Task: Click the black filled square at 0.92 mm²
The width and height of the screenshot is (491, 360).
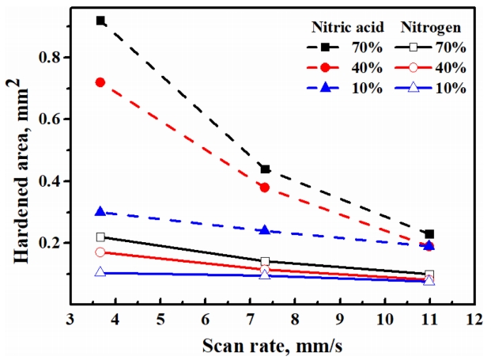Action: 100,21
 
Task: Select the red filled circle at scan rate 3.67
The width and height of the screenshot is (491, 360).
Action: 100,82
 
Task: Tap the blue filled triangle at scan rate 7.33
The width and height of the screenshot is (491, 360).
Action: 265,230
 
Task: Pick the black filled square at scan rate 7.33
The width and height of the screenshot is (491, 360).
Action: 265,169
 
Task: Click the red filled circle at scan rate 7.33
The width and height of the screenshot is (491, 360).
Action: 265,188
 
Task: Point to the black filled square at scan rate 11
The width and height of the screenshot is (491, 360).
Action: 429,234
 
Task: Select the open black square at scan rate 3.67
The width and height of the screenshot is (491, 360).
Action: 100,237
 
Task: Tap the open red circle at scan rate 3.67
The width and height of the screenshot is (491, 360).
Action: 100,252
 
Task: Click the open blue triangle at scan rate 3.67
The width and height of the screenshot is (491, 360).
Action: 100,272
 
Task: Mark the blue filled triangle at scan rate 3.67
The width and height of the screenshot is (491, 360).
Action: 100,211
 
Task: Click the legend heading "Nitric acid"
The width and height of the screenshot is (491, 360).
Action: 349,27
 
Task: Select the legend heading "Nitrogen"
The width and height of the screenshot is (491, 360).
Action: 432,27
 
